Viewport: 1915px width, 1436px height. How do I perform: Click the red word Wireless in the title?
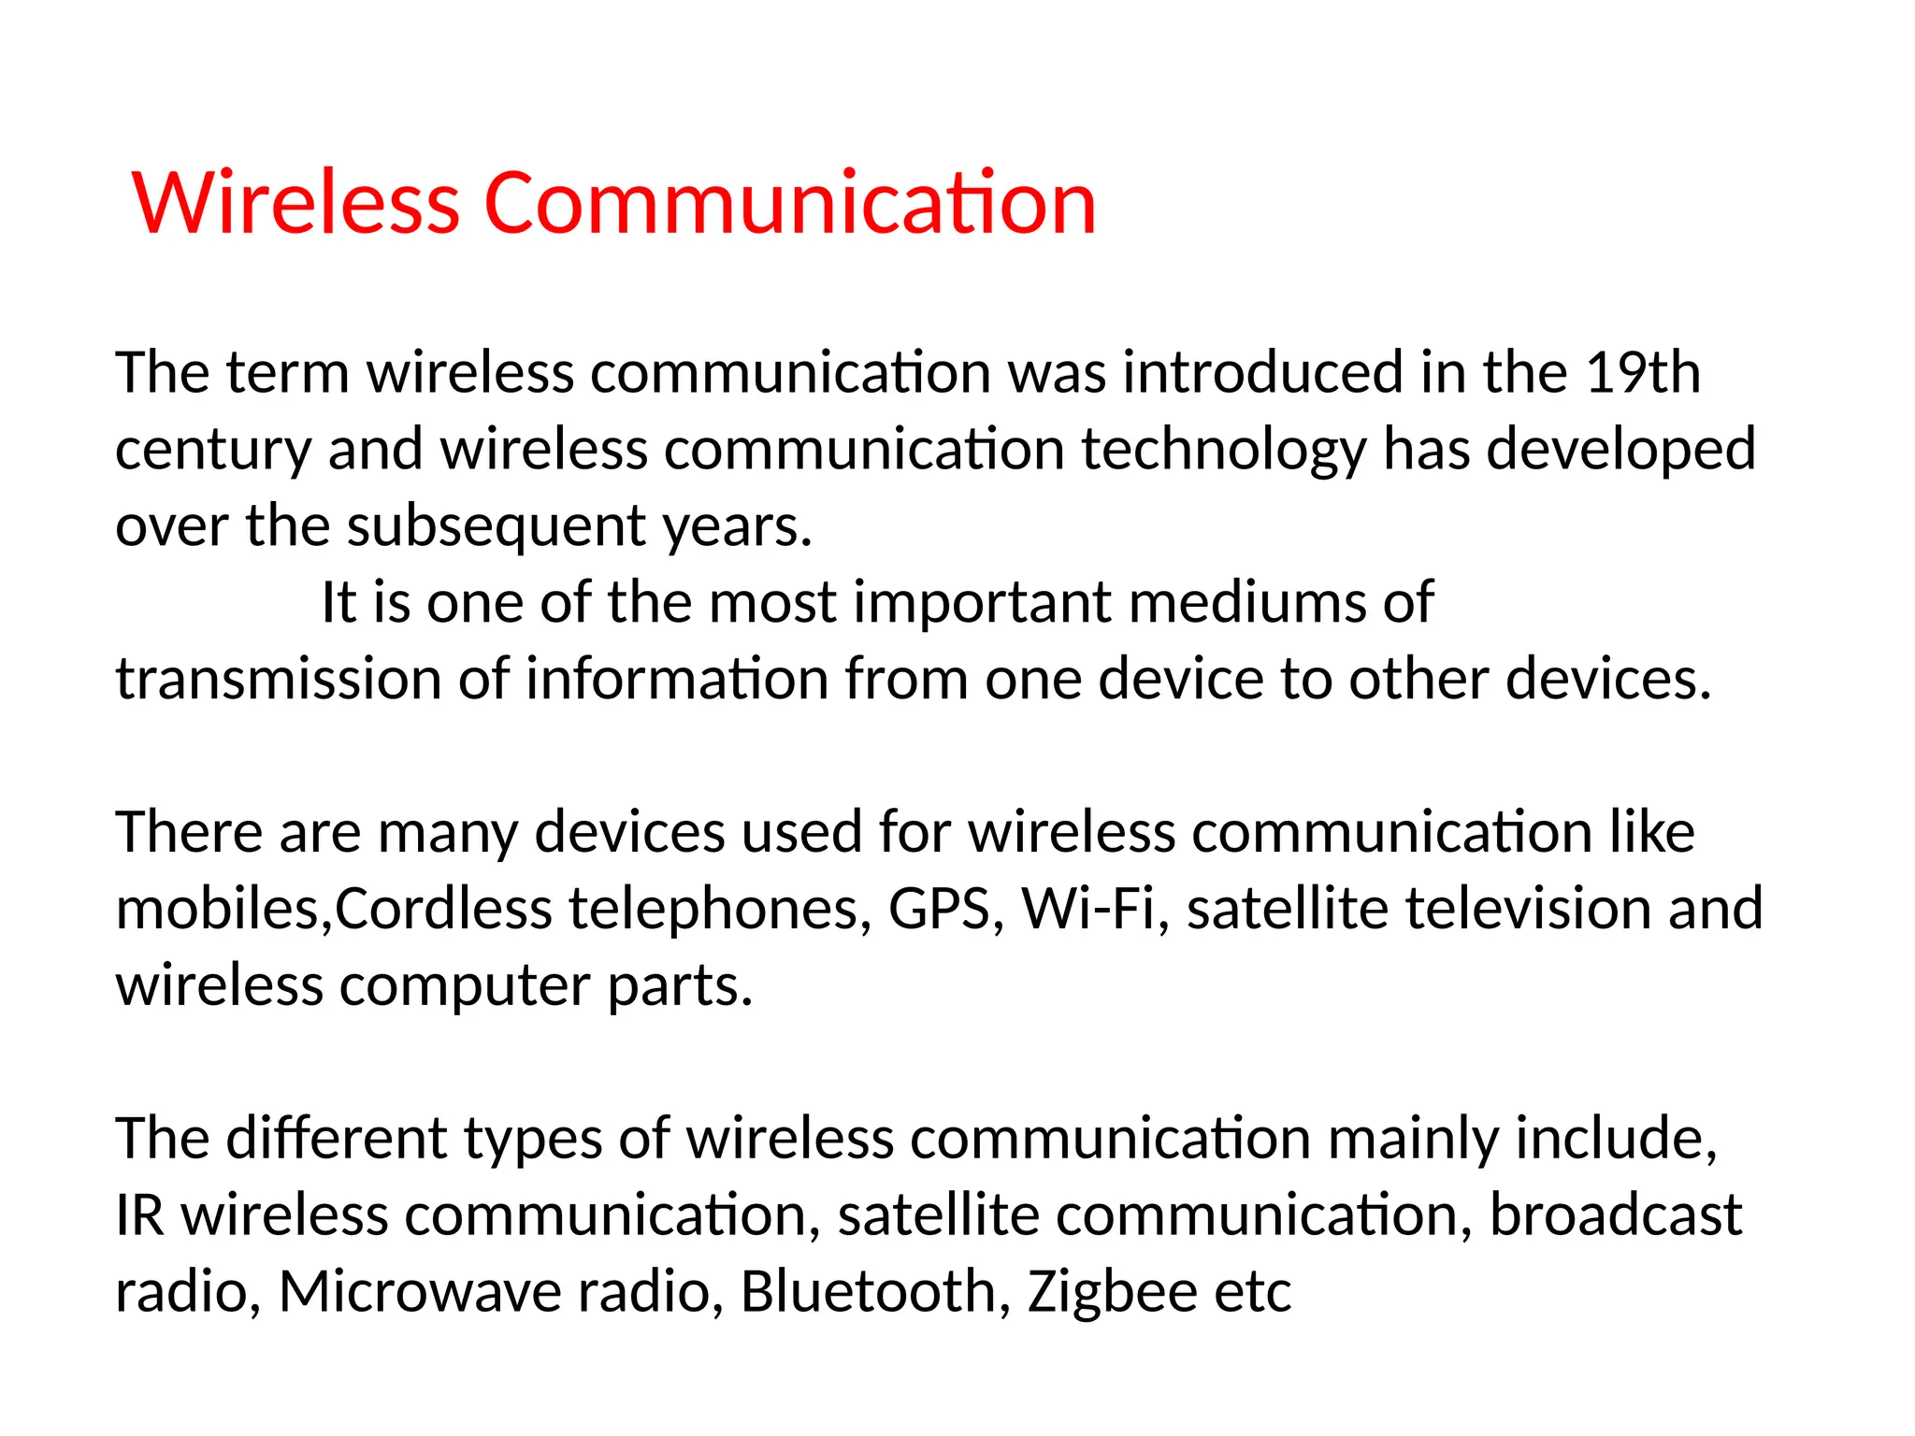(296, 203)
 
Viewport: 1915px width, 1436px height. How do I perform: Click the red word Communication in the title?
(790, 203)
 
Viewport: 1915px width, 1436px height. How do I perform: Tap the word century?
(212, 450)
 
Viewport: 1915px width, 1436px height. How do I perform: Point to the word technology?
(1224, 450)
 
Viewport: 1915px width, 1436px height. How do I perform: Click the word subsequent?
(497, 526)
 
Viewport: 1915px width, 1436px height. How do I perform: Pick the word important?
(983, 602)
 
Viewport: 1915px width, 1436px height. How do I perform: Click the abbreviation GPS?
(938, 909)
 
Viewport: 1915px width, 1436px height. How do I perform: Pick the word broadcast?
(1615, 1215)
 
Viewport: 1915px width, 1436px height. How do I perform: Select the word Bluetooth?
(868, 1292)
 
